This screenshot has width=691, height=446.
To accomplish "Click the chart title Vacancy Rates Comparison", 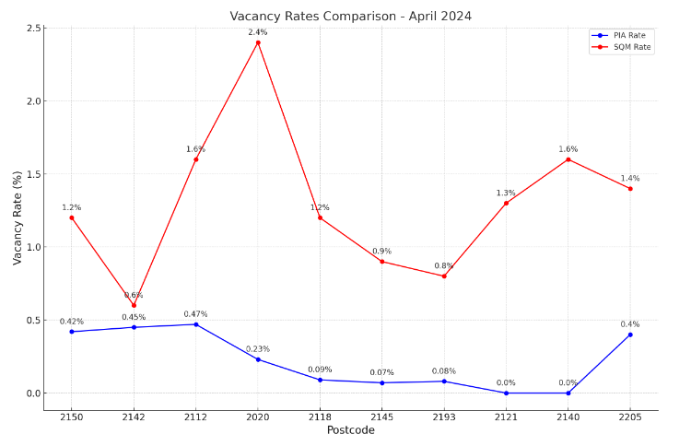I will tap(350, 16).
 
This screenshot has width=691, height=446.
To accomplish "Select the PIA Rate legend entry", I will tap(629, 35).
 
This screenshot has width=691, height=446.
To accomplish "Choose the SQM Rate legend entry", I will tap(629, 47).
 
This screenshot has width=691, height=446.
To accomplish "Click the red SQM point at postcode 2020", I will tap(258, 42).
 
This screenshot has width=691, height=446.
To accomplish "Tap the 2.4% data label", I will tap(258, 32).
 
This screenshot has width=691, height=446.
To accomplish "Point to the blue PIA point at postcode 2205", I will tap(630, 334).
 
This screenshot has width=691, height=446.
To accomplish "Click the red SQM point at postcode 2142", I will tap(134, 305).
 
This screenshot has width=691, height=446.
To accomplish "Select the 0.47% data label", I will tap(195, 314).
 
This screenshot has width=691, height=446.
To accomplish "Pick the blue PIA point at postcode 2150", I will tap(72, 332).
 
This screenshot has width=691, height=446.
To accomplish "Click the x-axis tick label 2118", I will tap(320, 417).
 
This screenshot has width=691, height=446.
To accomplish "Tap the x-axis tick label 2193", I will tap(444, 417).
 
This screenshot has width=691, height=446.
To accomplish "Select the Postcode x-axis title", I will tap(350, 430).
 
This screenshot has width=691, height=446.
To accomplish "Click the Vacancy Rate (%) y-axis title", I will tap(17, 218).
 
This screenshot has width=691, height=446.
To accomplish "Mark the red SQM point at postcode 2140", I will tap(568, 159).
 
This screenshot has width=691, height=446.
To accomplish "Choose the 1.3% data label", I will tap(506, 193).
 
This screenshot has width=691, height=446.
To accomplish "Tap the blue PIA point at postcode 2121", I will tap(506, 393).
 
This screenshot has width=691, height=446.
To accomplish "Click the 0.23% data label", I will tap(258, 349).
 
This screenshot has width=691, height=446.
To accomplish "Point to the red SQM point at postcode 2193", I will tap(444, 276).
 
